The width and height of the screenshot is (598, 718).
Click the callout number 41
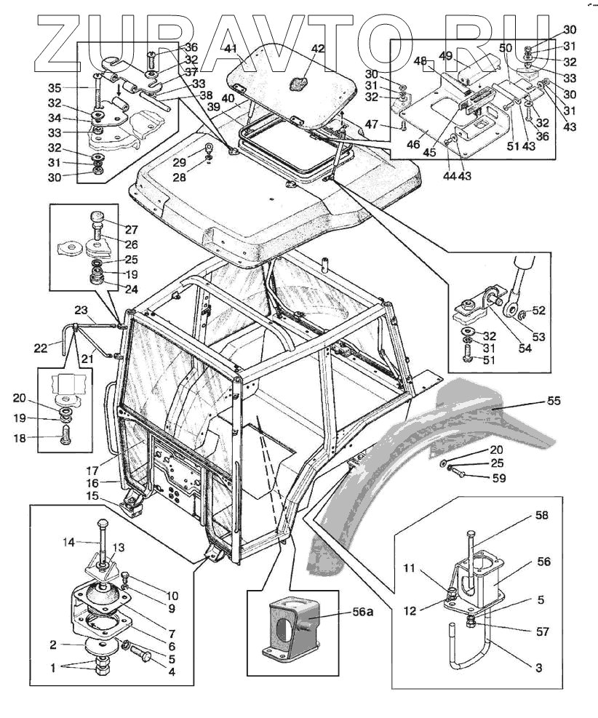coord(231,49)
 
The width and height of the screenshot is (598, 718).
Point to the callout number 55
coord(554,401)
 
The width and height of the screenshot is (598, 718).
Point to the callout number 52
coord(538,311)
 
